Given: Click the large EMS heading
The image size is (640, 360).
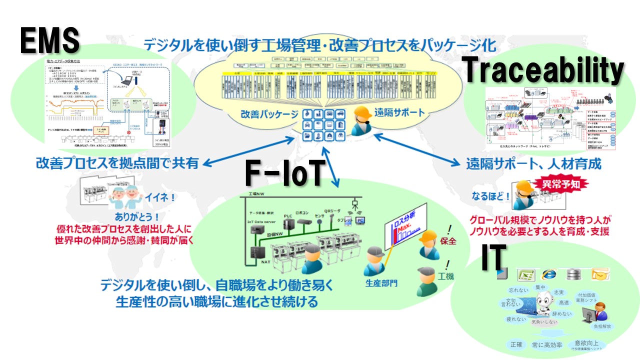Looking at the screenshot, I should [x=50, y=40].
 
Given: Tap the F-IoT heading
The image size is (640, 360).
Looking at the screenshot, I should [x=282, y=174].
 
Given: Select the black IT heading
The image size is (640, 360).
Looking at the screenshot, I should [x=493, y=257].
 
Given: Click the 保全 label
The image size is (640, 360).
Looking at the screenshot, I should [x=448, y=241].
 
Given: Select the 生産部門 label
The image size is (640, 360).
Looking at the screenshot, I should [x=381, y=283].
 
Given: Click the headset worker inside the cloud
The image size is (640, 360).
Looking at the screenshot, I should [x=360, y=121].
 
